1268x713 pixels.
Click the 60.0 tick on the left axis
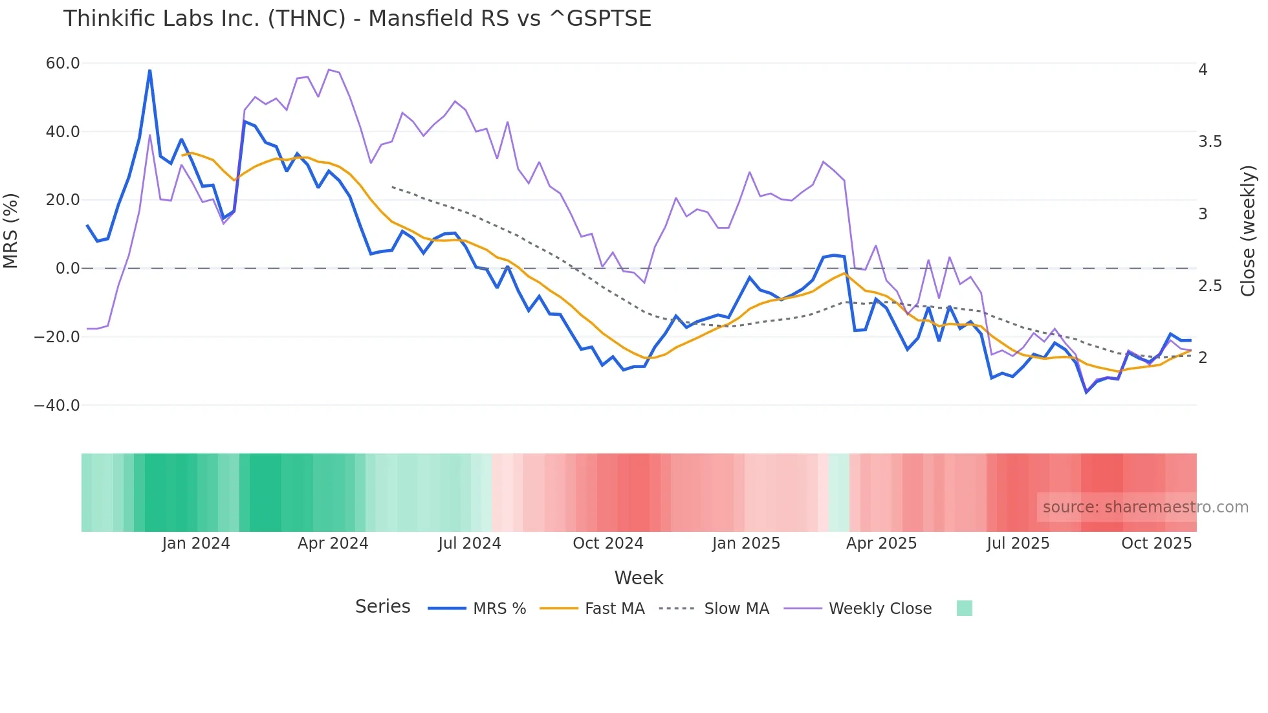pos(63,63)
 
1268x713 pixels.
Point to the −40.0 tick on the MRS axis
pos(57,406)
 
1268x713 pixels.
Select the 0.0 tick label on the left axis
pos(67,269)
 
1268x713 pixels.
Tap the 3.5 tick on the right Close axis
pos(1210,142)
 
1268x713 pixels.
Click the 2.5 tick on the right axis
pos(1210,286)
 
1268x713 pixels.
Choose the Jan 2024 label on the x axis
pos(196,543)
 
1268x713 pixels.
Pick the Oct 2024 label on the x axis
pos(607,543)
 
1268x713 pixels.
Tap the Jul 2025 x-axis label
pos(1018,543)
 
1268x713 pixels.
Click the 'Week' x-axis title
pos(639,578)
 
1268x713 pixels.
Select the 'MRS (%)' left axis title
pos(11,230)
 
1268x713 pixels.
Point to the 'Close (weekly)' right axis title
pos(1249,230)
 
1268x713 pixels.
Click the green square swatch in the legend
pos(964,608)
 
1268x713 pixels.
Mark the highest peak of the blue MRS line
pos(149,71)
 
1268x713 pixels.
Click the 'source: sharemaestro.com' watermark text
pos(1145,507)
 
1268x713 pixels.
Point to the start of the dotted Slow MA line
pos(392,187)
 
